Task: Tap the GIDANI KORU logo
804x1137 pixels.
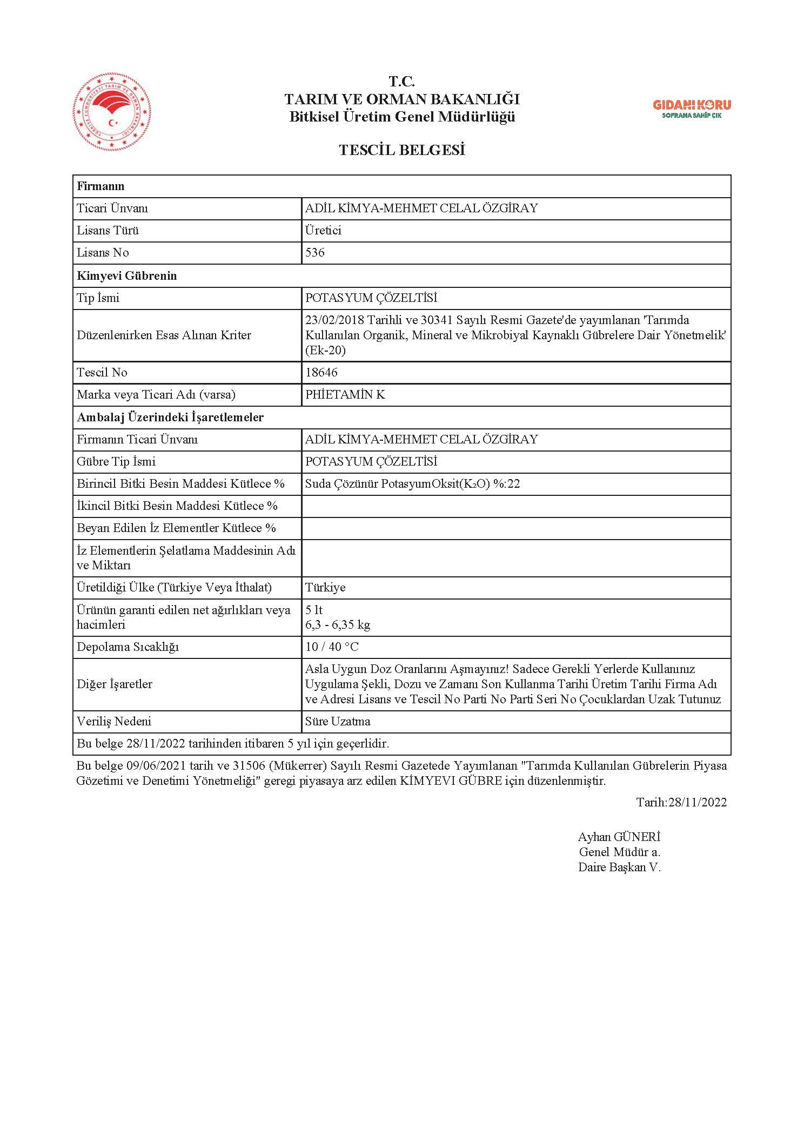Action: pos(692,108)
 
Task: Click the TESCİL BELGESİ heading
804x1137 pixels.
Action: pos(402,150)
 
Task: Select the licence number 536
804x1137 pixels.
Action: pos(315,253)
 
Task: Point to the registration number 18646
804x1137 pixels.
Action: pos(321,372)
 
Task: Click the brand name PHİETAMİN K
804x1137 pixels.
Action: pos(345,394)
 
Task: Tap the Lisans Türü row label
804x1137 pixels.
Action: pos(108,231)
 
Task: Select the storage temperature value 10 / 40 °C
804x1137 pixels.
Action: pos(332,647)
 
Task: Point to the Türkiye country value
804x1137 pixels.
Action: pos(325,587)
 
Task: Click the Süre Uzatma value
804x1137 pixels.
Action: pos(338,721)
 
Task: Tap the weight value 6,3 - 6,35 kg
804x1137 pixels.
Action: pos(338,625)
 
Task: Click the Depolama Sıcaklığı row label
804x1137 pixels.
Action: pos(128,647)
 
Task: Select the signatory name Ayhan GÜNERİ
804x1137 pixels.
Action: pos(619,837)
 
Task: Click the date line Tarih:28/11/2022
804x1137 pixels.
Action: pos(681,802)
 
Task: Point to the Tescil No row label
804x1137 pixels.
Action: pos(102,372)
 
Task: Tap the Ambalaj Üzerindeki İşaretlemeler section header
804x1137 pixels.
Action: pos(170,417)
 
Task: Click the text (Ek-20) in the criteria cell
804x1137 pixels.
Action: pos(325,350)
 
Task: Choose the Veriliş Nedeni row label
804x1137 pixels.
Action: pos(114,721)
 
